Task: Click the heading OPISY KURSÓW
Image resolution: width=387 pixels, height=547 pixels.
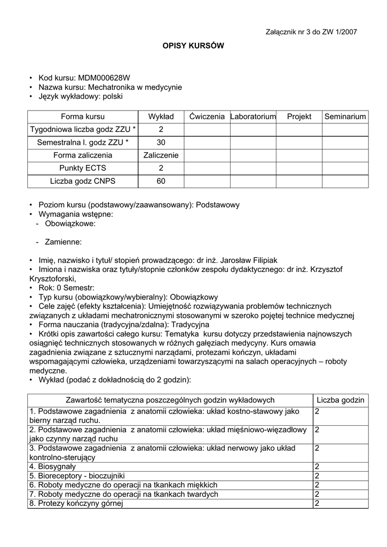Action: click(x=193, y=46)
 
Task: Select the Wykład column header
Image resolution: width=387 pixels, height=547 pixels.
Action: click(x=161, y=116)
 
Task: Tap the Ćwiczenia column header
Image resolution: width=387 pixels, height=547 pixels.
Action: click(x=207, y=116)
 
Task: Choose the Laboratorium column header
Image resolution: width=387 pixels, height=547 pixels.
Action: click(x=253, y=116)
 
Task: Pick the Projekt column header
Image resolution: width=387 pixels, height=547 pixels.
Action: click(x=299, y=116)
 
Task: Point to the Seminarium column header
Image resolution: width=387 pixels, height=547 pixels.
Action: click(x=345, y=116)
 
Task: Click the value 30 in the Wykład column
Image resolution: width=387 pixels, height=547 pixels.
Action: click(x=161, y=143)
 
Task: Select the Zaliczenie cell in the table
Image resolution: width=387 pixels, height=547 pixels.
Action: click(x=161, y=155)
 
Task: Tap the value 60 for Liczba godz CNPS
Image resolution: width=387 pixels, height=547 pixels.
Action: click(x=161, y=181)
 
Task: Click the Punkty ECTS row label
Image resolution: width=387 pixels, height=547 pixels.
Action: click(x=83, y=168)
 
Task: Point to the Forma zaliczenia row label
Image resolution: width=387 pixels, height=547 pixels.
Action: click(x=83, y=155)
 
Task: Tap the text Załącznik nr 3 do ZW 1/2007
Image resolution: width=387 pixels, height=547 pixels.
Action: click(x=311, y=32)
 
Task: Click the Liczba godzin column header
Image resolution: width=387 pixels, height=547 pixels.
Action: click(x=341, y=400)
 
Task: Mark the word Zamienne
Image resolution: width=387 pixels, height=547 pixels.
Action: click(x=63, y=242)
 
